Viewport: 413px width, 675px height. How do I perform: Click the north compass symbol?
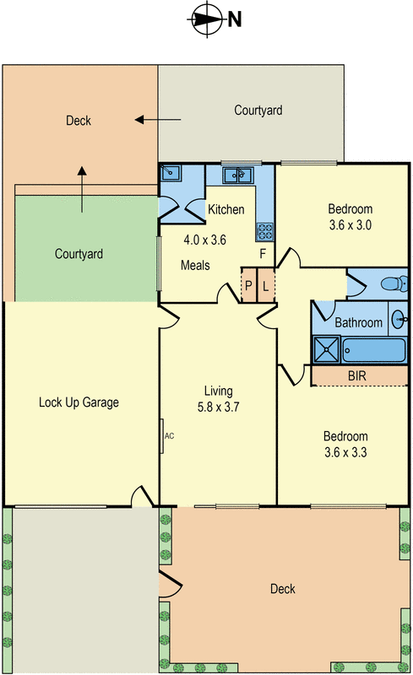[x=208, y=19]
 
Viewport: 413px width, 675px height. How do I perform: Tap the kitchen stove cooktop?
[x=265, y=231]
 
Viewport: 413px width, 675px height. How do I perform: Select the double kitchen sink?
[x=237, y=175]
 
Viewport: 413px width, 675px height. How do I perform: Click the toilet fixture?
[x=394, y=283]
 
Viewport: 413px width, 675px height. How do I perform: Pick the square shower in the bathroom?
[x=327, y=349]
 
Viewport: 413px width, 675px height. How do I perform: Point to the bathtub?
[x=374, y=350]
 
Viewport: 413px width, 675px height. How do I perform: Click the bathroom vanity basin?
[x=399, y=319]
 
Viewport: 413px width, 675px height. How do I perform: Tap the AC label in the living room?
[x=170, y=436]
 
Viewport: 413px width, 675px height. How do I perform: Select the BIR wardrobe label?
[x=357, y=375]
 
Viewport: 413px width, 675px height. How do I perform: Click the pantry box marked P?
[x=248, y=285]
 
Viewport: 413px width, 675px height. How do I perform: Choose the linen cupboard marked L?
[x=265, y=285]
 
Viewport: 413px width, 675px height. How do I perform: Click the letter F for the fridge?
[x=263, y=254]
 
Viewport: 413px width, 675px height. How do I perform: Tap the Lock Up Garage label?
[x=79, y=402]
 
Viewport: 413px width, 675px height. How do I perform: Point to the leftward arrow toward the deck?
[x=158, y=120]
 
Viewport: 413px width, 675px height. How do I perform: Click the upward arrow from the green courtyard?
[x=82, y=189]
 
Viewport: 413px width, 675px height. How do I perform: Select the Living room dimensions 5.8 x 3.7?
[x=218, y=407]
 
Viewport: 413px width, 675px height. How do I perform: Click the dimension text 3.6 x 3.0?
[x=351, y=225]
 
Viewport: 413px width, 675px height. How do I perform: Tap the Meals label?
[x=195, y=265]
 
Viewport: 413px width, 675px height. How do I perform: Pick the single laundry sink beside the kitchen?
[x=171, y=173]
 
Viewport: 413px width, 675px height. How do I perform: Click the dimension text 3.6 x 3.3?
[x=345, y=452]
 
